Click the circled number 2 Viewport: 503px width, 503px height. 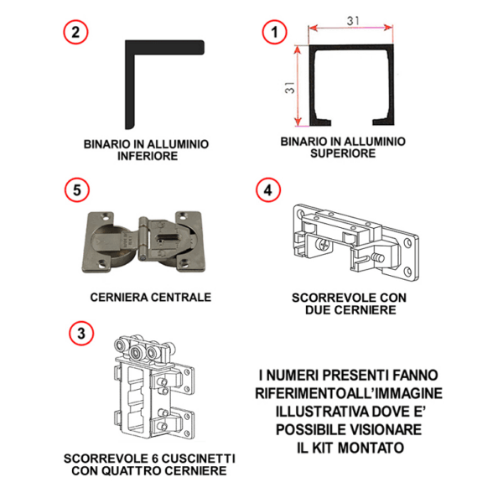[x=76, y=33]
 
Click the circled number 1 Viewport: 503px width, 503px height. [x=270, y=33]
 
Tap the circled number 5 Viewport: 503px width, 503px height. [x=76, y=189]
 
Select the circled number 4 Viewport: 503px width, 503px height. [x=267, y=189]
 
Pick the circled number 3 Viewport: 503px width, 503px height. [x=79, y=334]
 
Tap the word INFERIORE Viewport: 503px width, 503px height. [x=146, y=156]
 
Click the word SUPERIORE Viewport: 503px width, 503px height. [x=343, y=153]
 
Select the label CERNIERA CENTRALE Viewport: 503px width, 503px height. [x=150, y=297]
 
